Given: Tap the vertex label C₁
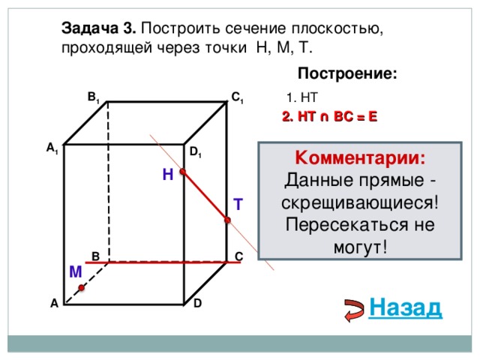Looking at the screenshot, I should [x=236, y=97].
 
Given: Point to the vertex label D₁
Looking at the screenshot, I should [x=195, y=153].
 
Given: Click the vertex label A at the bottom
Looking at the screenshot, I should [x=54, y=304].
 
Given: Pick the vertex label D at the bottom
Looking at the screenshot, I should [x=196, y=303].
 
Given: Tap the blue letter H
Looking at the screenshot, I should [x=167, y=174].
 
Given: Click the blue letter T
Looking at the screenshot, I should [x=237, y=204].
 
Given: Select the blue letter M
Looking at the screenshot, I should [x=75, y=271].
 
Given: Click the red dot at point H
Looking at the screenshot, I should [x=182, y=172].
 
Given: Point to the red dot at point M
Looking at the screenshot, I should [x=81, y=287].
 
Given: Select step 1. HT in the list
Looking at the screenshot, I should [x=303, y=97].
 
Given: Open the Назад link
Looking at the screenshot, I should [x=406, y=307].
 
